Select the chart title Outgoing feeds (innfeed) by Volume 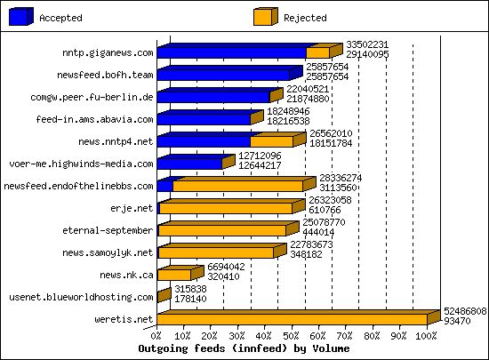tap(246, 349)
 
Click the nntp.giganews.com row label tap(102, 52)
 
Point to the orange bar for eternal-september tap(222, 230)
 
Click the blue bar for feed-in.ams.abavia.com tap(204, 119)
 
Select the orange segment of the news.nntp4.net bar tap(271, 141)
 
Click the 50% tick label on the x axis tap(292, 336)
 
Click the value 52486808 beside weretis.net tap(464, 312)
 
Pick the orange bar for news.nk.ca tap(174, 275)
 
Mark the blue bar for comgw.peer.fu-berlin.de tap(213, 97)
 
